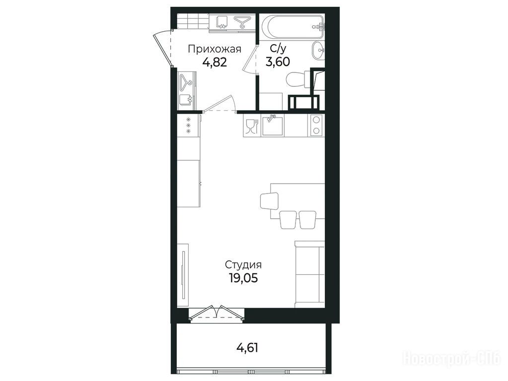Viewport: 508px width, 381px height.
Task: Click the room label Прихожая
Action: tap(215, 49)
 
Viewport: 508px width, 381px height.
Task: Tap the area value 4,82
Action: tap(215, 62)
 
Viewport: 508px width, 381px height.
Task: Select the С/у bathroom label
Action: tap(278, 49)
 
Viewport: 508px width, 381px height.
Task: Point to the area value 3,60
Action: tap(278, 61)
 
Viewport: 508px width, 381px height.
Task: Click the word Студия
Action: tap(243, 265)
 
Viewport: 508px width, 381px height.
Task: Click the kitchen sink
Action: tap(273, 126)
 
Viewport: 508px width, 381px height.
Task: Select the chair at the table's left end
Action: tap(269, 201)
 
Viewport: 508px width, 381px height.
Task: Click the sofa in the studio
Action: tap(309, 274)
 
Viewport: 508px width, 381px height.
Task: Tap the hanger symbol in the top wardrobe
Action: tap(240, 22)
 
